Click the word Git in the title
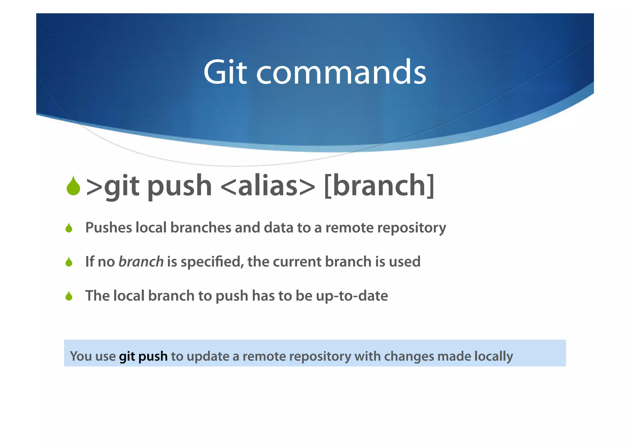coord(225,72)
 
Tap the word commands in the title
coord(341,72)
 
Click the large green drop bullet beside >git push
coord(73,186)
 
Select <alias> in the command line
coord(268,185)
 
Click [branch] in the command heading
coord(379,185)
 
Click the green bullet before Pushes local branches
coord(69,228)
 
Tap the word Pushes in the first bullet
coord(108,228)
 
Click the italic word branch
coord(141,262)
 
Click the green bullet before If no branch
coord(69,262)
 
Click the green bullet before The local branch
coord(69,296)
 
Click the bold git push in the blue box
coord(143,356)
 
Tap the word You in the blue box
coord(81,356)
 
